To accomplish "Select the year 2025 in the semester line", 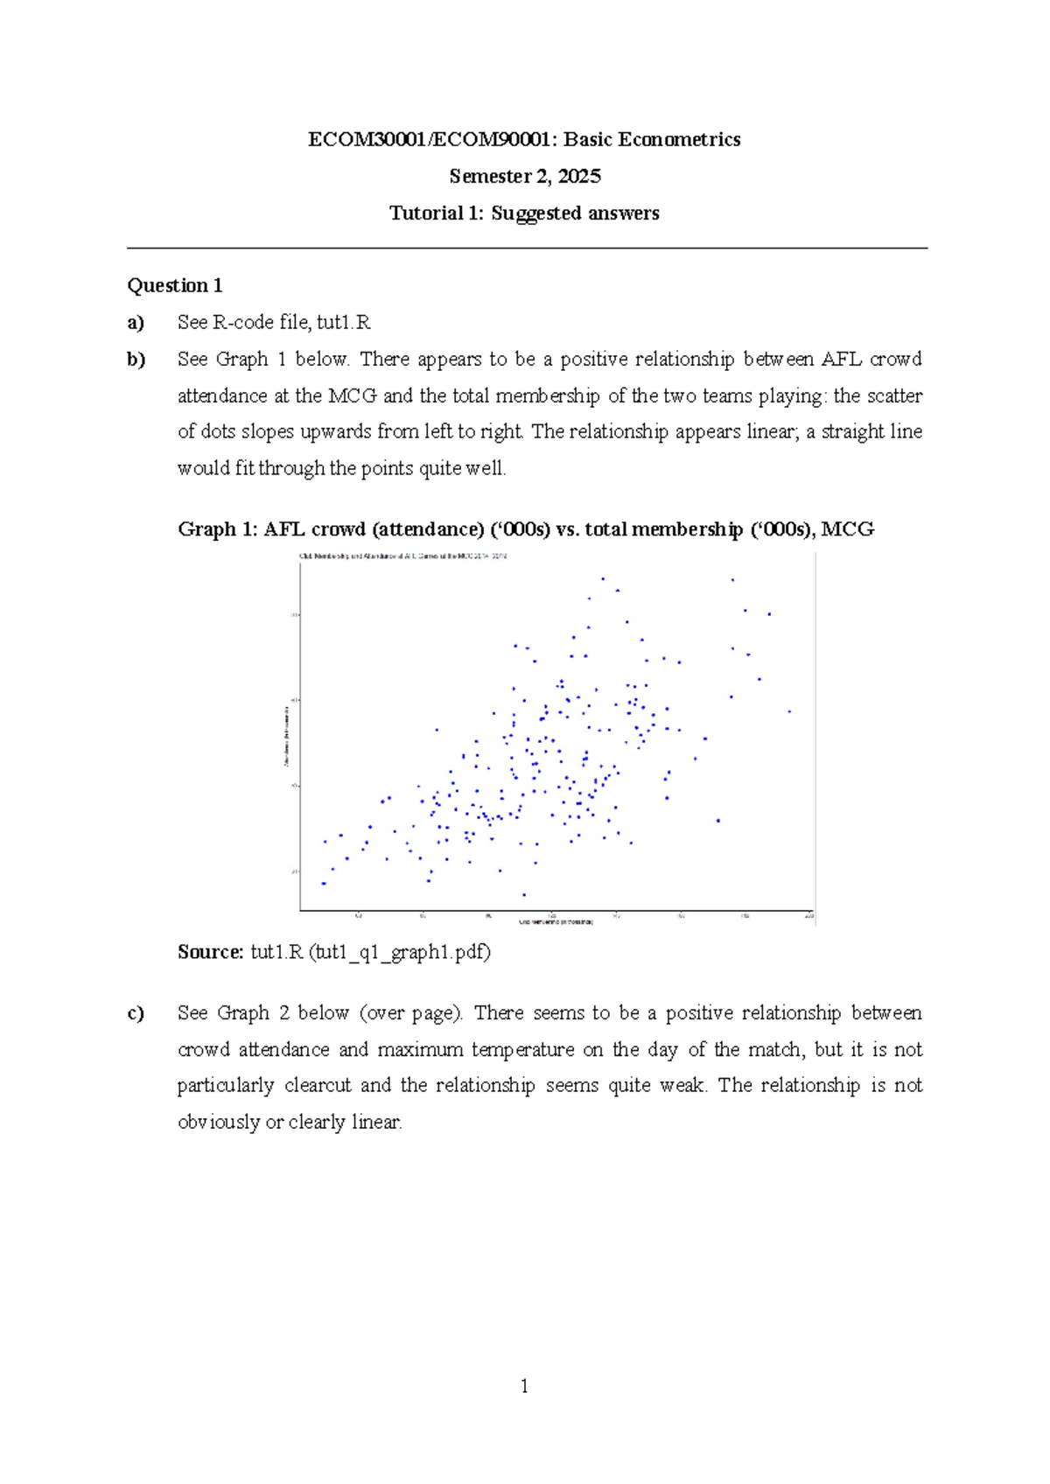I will pos(579,177).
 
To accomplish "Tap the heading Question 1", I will pos(175,285).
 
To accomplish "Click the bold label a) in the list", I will pos(136,323).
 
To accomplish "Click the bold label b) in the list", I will pos(136,360).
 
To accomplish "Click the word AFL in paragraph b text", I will pos(842,360).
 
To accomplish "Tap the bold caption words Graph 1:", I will pos(218,529).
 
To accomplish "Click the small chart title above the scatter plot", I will pos(403,556).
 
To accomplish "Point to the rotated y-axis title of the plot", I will pos(286,737).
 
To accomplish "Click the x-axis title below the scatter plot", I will pos(556,922).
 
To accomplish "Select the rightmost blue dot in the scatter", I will pos(789,711).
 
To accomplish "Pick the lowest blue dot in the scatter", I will pos(524,894).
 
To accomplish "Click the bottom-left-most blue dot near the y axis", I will pos(324,884).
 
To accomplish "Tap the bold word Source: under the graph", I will pos(210,952).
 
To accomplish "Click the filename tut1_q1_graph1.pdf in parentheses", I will pos(400,952).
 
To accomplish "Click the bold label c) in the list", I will pos(136,1013).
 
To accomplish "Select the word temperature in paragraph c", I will pos(523,1050).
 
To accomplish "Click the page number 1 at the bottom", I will pos(524,1386).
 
